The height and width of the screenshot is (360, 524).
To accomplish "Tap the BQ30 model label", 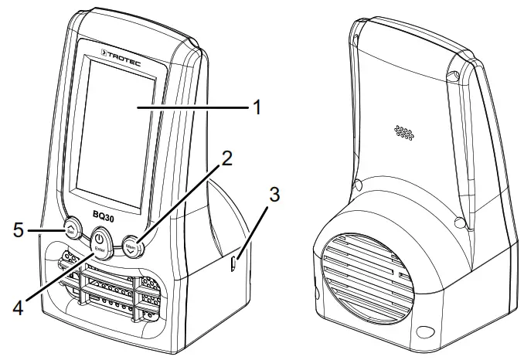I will point(106,218).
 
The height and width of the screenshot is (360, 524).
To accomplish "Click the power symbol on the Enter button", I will point(100,236).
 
